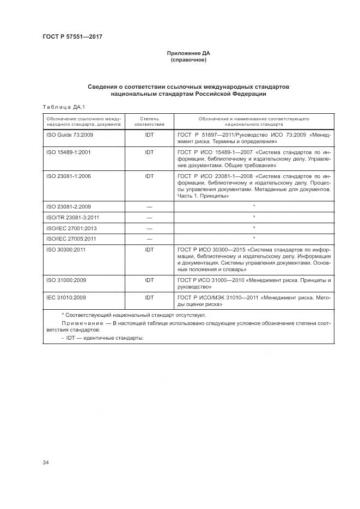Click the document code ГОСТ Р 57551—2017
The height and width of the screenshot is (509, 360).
72,37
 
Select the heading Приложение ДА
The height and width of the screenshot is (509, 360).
188,53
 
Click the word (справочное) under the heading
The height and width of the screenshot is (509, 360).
188,60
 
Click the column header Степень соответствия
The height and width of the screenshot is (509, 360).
149,121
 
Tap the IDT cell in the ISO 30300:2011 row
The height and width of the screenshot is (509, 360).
149,250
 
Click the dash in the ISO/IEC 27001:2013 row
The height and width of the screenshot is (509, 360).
149,228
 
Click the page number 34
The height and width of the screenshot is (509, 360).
46,462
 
